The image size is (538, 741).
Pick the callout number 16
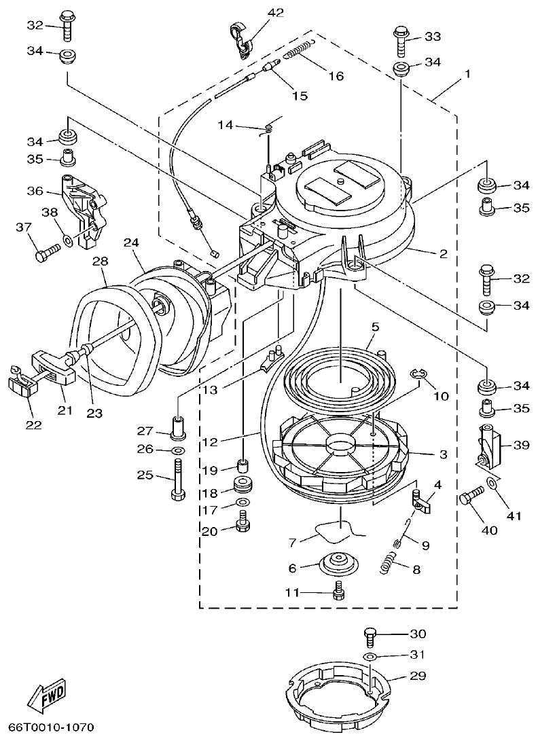pos(336,75)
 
